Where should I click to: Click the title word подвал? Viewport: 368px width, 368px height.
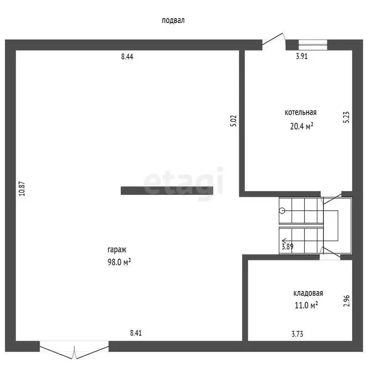pyautogui.click(x=173, y=21)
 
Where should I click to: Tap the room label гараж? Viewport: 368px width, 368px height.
pyautogui.click(x=117, y=250)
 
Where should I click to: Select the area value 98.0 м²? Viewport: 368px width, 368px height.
pyautogui.click(x=119, y=262)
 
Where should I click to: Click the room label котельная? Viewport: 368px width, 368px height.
pyautogui.click(x=301, y=112)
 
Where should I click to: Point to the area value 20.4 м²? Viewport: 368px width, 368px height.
pyautogui.click(x=302, y=126)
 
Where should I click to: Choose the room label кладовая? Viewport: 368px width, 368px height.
pyautogui.click(x=308, y=293)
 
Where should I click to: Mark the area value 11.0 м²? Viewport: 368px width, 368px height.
pyautogui.click(x=306, y=305)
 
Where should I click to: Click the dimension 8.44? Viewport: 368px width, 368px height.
pyautogui.click(x=127, y=56)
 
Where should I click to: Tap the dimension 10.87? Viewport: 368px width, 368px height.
pyautogui.click(x=22, y=189)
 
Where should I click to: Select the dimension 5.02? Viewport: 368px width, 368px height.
pyautogui.click(x=234, y=121)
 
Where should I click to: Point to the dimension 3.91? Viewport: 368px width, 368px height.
pyautogui.click(x=302, y=56)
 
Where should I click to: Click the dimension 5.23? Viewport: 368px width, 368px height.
pyautogui.click(x=346, y=117)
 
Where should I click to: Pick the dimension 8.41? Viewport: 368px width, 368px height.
pyautogui.click(x=136, y=333)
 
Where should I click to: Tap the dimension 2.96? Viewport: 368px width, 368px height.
pyautogui.click(x=346, y=301)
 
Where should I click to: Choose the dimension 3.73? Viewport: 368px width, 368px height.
pyautogui.click(x=297, y=334)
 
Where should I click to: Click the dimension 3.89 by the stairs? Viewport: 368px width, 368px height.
pyautogui.click(x=288, y=247)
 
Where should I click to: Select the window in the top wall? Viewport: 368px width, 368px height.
pyautogui.click(x=313, y=45)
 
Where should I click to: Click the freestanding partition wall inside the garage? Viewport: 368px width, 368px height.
pyautogui.click(x=167, y=190)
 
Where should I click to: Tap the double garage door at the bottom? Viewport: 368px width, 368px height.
pyautogui.click(x=74, y=350)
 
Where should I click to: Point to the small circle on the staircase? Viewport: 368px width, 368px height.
pyautogui.click(x=282, y=211)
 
